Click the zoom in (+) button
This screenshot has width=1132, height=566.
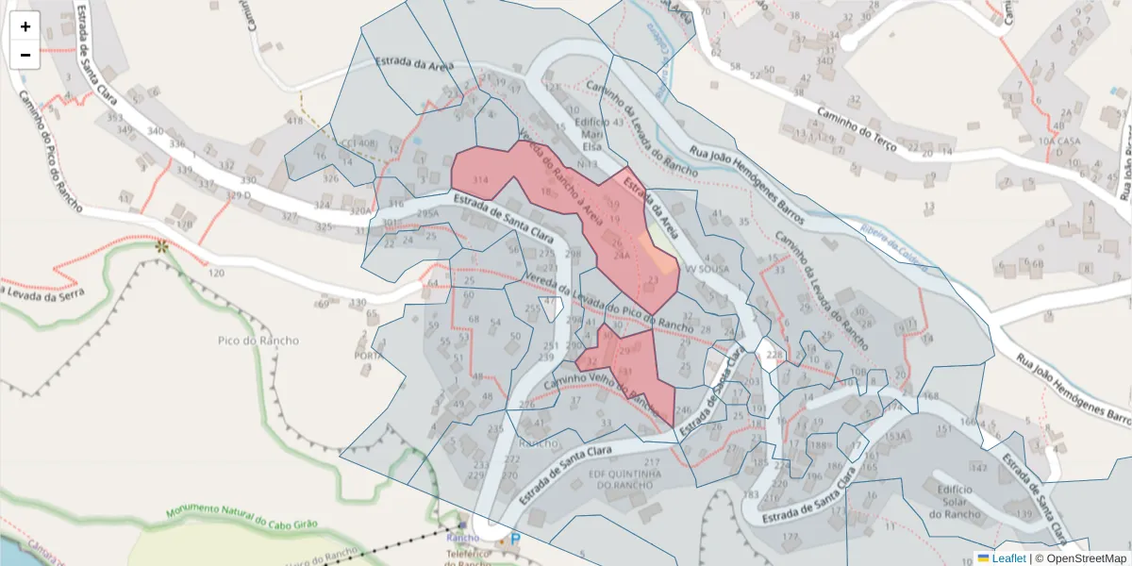coord(25,26)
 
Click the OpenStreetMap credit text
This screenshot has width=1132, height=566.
coord(1085,558)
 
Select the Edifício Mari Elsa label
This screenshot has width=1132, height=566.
coord(591,134)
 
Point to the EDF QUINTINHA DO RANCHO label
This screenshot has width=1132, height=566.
coord(624,479)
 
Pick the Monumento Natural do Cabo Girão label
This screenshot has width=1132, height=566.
coord(242,518)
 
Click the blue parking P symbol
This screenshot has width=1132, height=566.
coord(515,540)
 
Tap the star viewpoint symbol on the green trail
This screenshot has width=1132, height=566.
coord(162,246)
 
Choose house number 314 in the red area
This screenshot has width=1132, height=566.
coord(480,179)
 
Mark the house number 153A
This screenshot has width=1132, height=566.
coord(895,436)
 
